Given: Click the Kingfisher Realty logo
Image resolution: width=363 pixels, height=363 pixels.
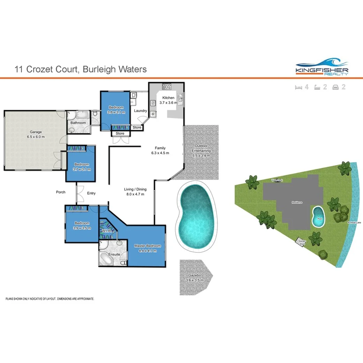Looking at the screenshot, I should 322,67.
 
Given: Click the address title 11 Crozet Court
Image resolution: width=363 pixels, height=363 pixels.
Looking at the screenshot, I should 80,69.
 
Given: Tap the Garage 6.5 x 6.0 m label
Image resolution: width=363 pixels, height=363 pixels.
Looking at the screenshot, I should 35,134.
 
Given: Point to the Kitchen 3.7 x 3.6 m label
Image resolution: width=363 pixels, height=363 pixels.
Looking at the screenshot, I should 168,100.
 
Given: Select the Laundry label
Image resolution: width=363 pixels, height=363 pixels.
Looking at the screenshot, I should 140,111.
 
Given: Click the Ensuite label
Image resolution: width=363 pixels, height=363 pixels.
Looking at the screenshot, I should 114,254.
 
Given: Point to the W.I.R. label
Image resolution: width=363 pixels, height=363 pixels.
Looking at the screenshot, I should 107,231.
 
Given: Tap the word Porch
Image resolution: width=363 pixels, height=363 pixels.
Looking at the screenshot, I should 61,192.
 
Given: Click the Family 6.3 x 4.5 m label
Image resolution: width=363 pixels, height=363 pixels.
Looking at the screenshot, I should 160,150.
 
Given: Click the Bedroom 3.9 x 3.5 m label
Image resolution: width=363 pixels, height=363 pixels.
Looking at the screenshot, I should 82,226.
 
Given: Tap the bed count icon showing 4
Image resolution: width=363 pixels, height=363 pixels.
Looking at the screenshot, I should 301,87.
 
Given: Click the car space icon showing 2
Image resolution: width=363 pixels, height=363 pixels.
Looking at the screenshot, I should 339,87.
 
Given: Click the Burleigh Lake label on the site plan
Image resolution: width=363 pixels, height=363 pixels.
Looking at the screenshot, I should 354,223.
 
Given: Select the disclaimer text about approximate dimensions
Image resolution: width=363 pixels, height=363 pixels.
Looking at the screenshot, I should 49,299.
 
